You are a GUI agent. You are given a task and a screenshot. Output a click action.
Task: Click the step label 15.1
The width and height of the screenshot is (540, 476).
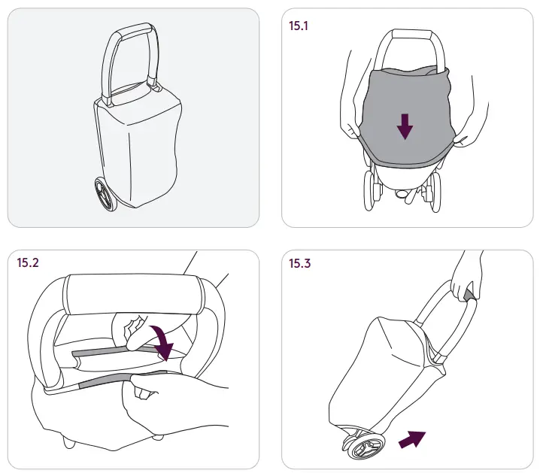pos(299,25)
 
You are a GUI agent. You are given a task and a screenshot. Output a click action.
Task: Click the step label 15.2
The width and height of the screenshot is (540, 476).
pos(29,264)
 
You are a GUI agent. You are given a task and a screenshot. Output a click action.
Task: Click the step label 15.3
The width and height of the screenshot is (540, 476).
pos(299,264)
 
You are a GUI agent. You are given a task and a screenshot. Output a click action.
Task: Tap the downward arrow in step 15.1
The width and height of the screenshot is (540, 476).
pos(405,126)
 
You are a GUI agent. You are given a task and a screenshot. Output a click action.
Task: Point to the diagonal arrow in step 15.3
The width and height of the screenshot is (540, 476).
pos(411,438)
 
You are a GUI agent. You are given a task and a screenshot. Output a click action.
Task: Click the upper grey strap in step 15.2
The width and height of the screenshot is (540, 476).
pos(99,352)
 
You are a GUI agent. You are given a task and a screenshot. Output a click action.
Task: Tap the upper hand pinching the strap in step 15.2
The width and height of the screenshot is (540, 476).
pos(135,331)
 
